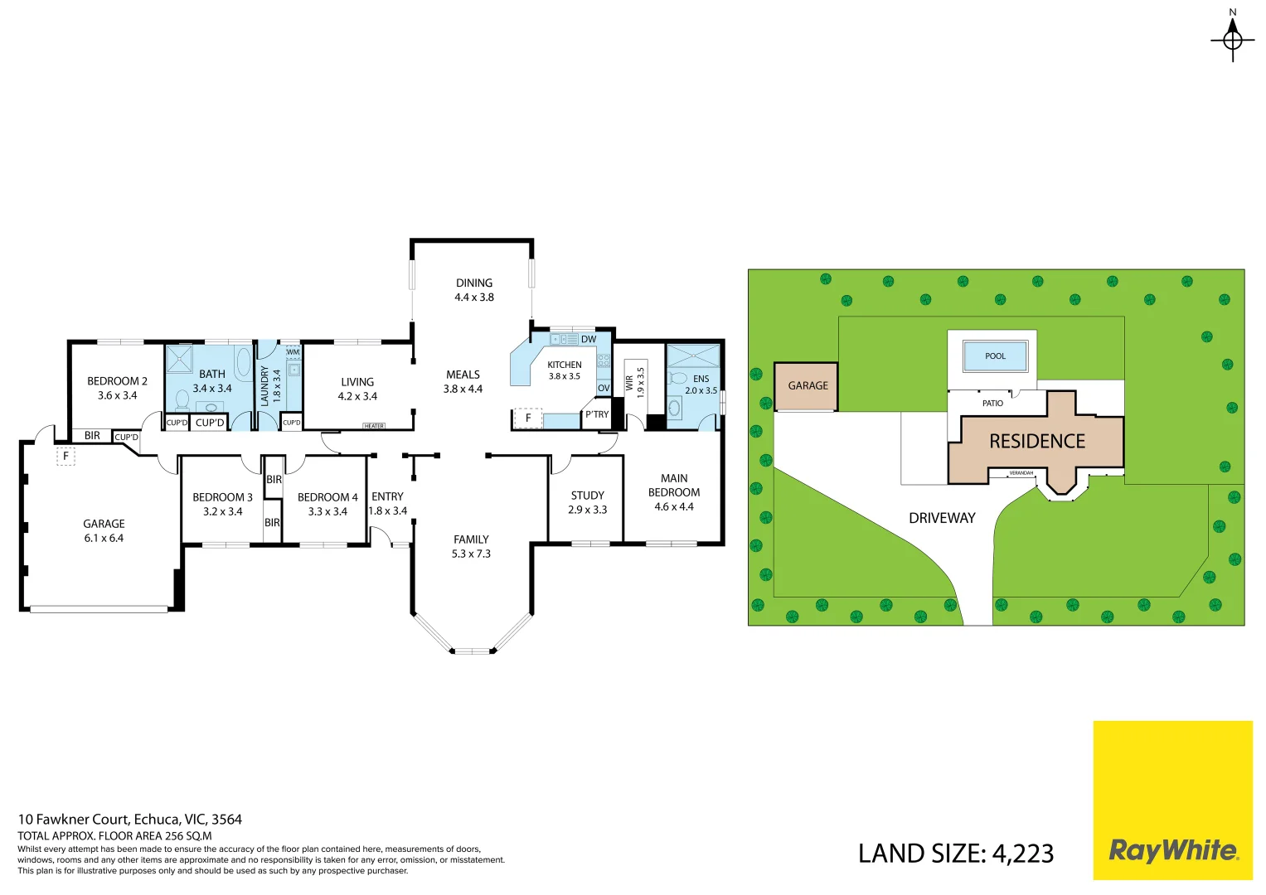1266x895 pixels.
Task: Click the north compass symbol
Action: point(1232,38)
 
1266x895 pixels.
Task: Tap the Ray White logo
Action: point(1172,850)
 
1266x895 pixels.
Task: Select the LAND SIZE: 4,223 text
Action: point(955,854)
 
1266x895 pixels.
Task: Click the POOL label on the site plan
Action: point(995,356)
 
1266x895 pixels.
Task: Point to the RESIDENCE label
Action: point(1037,442)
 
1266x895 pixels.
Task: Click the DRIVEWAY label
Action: point(942,518)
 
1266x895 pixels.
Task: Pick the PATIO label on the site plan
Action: point(992,404)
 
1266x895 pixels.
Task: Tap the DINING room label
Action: point(474,283)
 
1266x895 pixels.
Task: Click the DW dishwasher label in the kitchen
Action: point(589,339)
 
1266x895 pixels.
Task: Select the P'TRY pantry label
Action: point(597,414)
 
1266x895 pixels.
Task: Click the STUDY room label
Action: point(587,496)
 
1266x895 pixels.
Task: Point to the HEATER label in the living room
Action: point(374,426)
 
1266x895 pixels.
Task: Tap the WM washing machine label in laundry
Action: point(293,352)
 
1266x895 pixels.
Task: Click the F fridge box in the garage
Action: point(65,456)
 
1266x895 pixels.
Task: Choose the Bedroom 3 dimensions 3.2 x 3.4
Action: point(222,511)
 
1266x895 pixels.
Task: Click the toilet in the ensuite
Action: point(678,379)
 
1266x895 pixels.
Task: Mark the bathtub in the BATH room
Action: point(243,362)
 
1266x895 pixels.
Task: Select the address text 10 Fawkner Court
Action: point(130,820)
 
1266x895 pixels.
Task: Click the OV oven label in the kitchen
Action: point(604,388)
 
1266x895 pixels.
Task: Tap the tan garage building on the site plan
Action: point(806,386)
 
